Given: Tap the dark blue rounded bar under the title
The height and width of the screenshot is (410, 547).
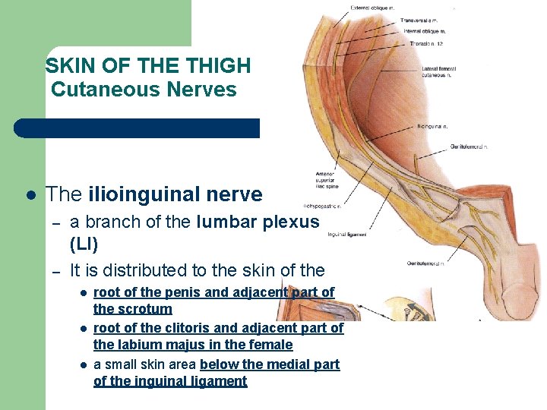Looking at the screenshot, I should point(137,128).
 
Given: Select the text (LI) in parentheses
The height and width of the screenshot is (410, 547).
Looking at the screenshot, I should point(84,244).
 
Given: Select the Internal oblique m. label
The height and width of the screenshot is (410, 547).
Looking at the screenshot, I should point(424,32).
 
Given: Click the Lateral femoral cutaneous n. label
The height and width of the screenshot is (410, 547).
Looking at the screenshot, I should point(440,72).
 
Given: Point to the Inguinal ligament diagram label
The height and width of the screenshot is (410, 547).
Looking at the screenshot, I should point(346,235).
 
